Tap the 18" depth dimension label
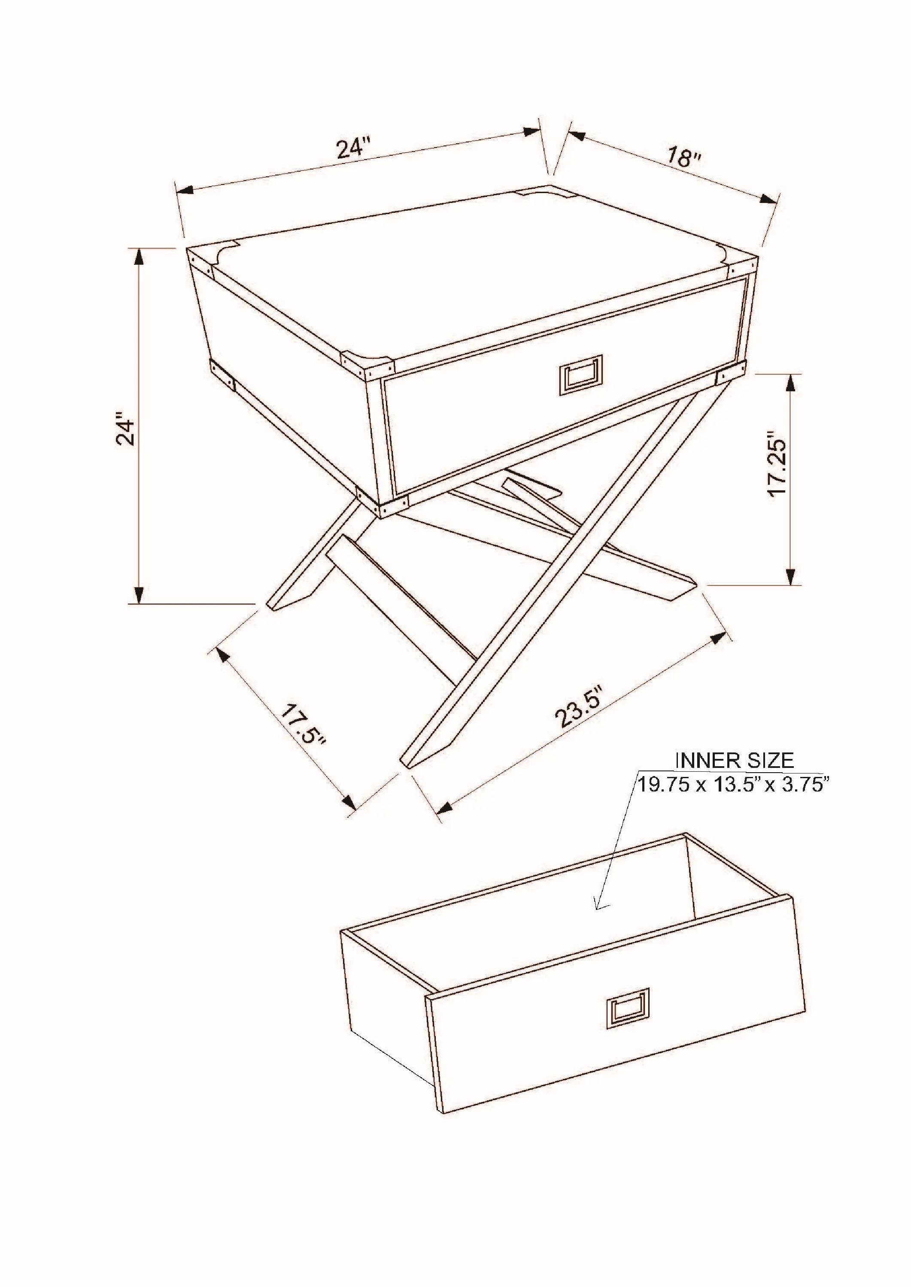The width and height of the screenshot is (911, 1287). [684, 157]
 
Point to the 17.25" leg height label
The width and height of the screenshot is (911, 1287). [779, 464]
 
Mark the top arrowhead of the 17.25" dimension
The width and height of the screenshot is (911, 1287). [790, 383]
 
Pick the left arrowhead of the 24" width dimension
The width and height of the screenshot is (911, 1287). [185, 190]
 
